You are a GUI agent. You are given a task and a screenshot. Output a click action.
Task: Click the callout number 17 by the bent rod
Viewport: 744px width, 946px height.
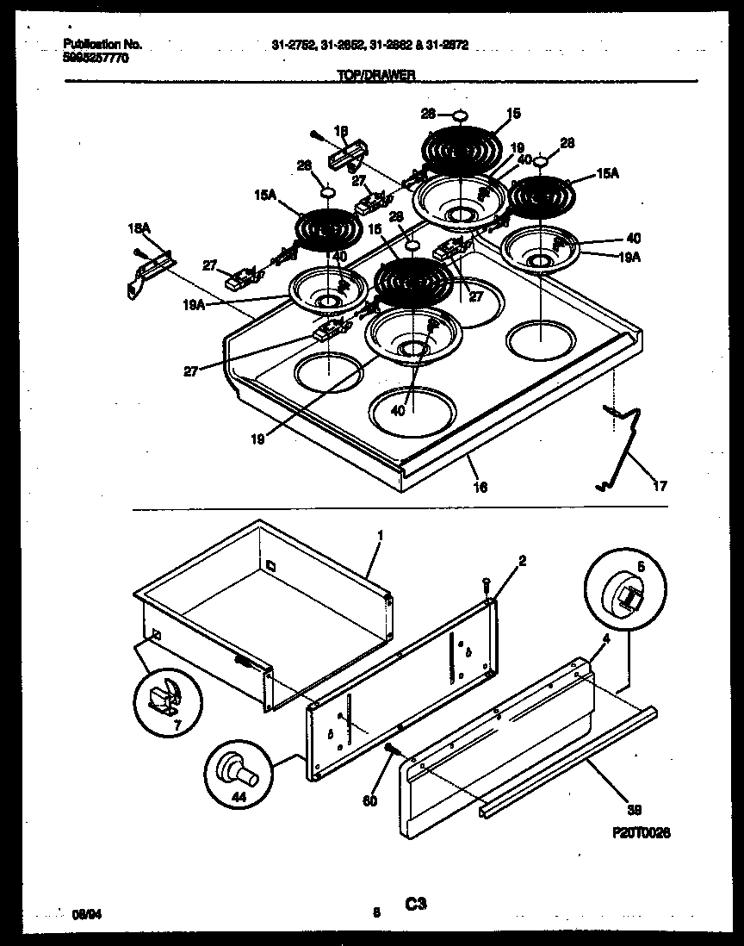660,486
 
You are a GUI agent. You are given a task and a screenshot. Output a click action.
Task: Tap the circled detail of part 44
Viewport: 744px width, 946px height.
234,768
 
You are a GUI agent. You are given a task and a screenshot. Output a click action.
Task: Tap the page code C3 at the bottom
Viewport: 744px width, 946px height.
416,904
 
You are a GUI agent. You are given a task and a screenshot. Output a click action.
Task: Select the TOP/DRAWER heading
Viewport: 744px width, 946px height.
376,75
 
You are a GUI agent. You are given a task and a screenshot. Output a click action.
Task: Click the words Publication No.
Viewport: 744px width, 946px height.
102,44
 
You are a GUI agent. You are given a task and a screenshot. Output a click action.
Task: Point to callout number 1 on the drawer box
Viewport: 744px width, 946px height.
380,535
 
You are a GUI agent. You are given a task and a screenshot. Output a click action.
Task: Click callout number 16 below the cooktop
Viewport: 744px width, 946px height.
480,488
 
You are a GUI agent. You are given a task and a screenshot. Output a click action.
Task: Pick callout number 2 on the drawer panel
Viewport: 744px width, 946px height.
523,560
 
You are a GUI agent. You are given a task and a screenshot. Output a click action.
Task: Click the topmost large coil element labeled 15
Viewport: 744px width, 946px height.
462,149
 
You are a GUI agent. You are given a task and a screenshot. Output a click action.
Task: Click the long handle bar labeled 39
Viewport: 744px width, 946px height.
568,762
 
